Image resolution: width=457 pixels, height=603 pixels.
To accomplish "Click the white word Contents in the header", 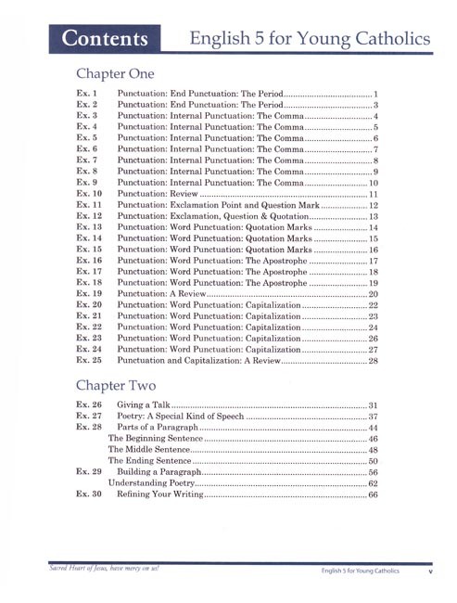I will click(104, 39).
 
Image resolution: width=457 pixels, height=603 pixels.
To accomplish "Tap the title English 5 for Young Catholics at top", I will click(309, 39).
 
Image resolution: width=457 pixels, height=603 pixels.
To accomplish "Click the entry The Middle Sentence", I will click(147, 445).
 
